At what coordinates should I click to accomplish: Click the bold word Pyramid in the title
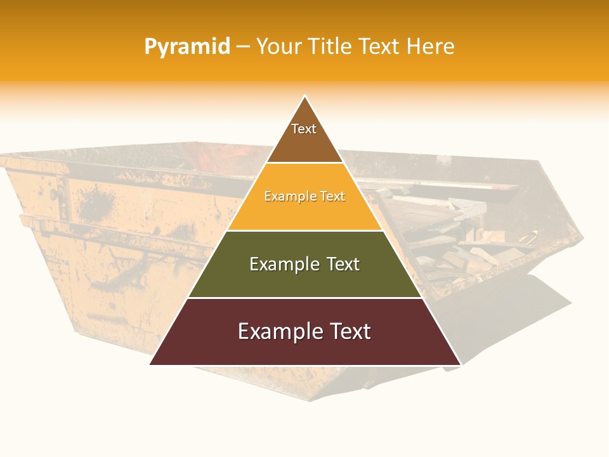coord(187,46)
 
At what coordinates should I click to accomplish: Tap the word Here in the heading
coord(430,46)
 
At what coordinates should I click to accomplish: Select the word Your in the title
coord(278,46)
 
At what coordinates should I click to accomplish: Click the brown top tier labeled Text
coord(304,136)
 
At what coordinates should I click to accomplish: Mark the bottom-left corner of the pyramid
coord(151,364)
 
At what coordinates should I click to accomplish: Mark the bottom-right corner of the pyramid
coord(459,364)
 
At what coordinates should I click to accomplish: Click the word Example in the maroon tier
coord(278,331)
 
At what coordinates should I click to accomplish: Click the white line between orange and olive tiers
coord(304,230)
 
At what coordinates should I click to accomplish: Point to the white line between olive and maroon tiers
coord(304,298)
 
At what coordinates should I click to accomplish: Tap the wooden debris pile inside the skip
coord(457,241)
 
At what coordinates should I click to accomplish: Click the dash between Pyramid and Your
coord(243,47)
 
